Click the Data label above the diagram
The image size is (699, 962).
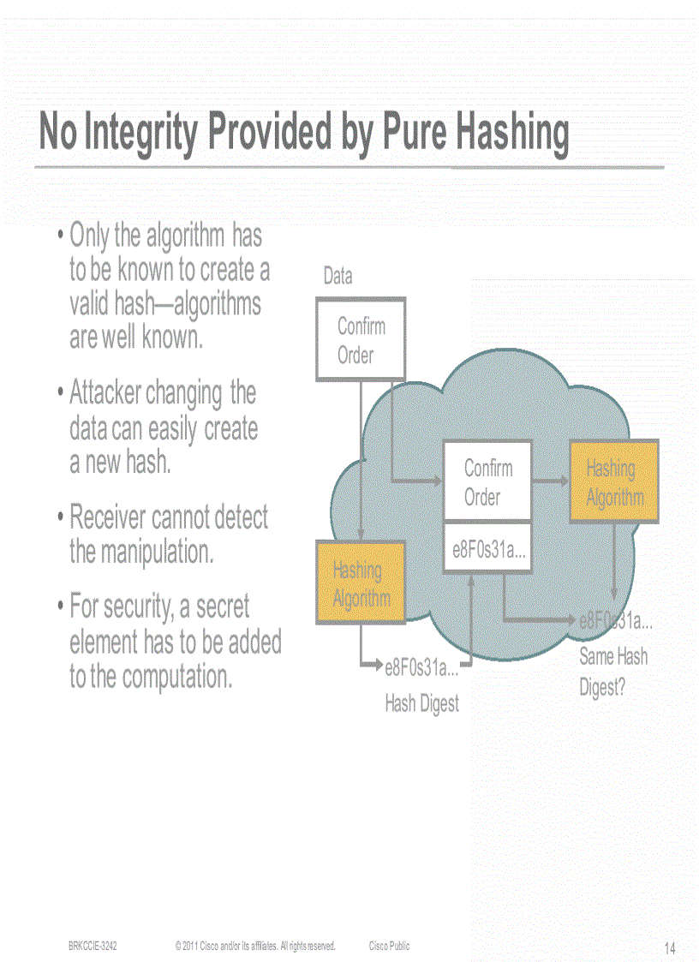[338, 276]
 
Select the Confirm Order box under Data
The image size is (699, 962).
[361, 339]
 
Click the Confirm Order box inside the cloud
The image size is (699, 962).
[487, 481]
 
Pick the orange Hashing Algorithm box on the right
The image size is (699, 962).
[613, 481]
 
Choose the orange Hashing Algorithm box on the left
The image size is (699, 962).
[360, 583]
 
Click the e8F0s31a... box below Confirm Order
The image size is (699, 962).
[487, 551]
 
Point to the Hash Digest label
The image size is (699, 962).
[421, 704]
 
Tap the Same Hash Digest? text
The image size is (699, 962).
[613, 672]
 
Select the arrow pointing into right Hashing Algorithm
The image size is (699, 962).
[550, 481]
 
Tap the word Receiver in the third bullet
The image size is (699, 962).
[108, 517]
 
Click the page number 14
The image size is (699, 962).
[670, 948]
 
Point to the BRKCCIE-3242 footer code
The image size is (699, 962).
[93, 946]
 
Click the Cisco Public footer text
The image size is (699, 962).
[389, 946]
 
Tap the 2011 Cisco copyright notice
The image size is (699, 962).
[254, 946]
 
